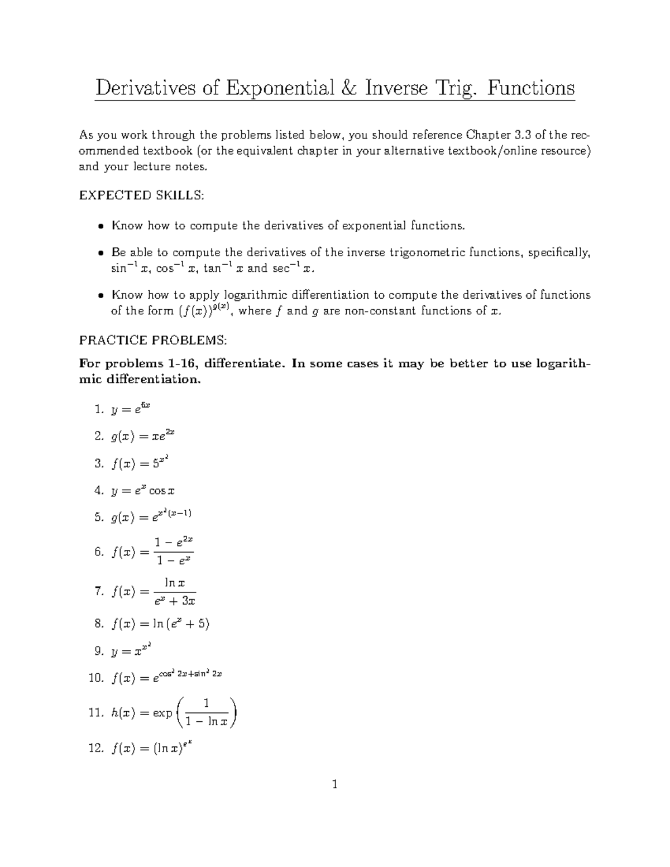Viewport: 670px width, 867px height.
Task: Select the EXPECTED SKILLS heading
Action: (x=142, y=195)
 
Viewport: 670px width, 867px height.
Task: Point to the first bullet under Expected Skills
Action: (x=100, y=227)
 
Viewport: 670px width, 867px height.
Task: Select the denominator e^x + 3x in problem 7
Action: (x=175, y=601)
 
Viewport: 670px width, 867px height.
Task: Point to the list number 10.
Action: (x=96, y=678)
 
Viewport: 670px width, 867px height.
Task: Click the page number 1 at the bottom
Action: (x=335, y=785)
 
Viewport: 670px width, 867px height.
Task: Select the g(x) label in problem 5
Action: (x=123, y=518)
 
